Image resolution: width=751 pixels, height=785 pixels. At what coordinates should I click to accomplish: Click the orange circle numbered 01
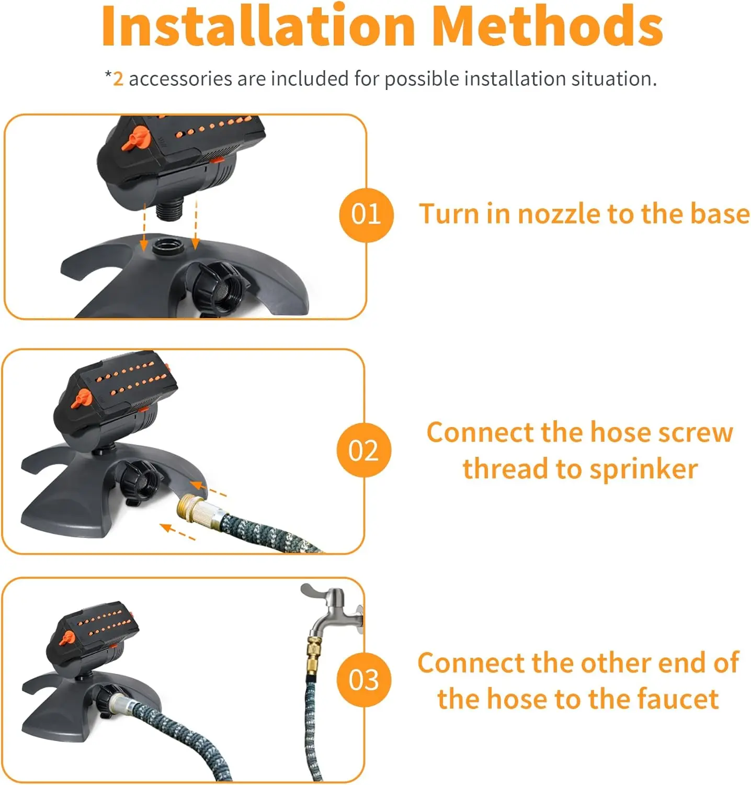click(x=366, y=215)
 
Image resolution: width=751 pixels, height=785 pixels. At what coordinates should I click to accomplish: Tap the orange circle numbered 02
click(x=363, y=450)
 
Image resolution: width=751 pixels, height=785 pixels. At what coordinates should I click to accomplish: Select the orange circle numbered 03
click(x=363, y=680)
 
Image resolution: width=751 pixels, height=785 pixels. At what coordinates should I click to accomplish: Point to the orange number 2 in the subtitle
click(x=118, y=79)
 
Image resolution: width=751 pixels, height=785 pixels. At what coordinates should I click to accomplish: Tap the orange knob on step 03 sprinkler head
click(x=67, y=637)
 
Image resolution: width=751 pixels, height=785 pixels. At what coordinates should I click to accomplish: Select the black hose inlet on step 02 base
click(x=140, y=481)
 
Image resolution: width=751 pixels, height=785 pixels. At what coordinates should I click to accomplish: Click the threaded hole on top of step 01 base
click(x=168, y=245)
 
